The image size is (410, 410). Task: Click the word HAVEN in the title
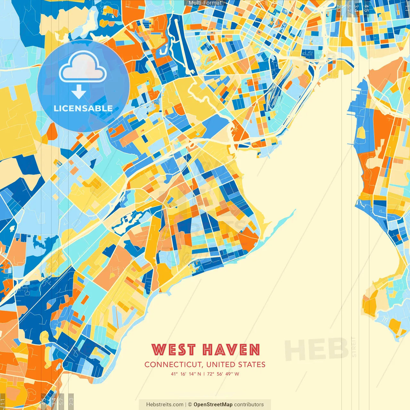(x=232, y=350)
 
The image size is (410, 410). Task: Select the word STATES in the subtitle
(x=251, y=365)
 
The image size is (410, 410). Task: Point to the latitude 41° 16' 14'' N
(x=186, y=374)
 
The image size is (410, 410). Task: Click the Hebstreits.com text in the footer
(x=165, y=405)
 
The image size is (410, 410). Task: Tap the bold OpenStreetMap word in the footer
(x=213, y=405)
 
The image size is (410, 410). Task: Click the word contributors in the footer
(x=249, y=405)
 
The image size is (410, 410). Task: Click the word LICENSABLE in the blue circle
(x=83, y=108)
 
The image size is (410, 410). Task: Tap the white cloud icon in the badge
(x=83, y=68)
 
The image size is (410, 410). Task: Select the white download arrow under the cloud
(x=79, y=92)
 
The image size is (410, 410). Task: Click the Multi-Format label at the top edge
(x=205, y=3)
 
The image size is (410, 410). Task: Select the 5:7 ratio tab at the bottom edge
(x=61, y=400)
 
